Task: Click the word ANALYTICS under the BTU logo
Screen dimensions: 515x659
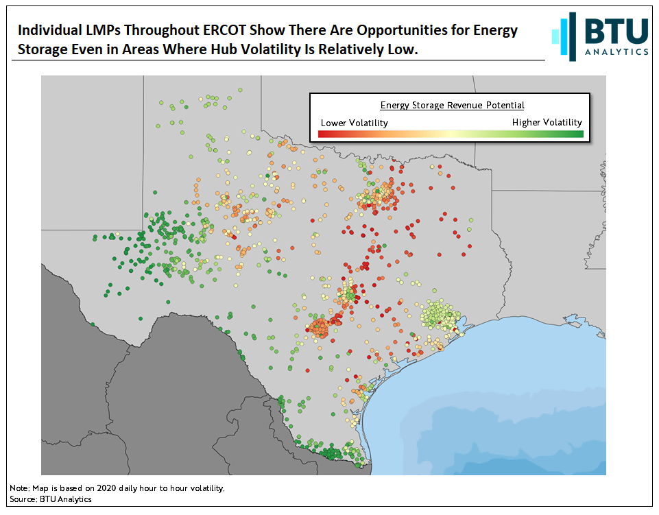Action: pyautogui.click(x=616, y=51)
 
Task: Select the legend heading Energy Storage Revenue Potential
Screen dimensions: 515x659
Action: pyautogui.click(x=452, y=105)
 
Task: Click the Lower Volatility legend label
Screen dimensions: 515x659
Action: pyautogui.click(x=354, y=123)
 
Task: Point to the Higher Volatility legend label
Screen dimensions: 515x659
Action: pyautogui.click(x=547, y=122)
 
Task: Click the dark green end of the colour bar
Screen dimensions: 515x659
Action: pyautogui.click(x=576, y=134)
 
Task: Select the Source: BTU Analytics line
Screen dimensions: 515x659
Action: pyautogui.click(x=51, y=499)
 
